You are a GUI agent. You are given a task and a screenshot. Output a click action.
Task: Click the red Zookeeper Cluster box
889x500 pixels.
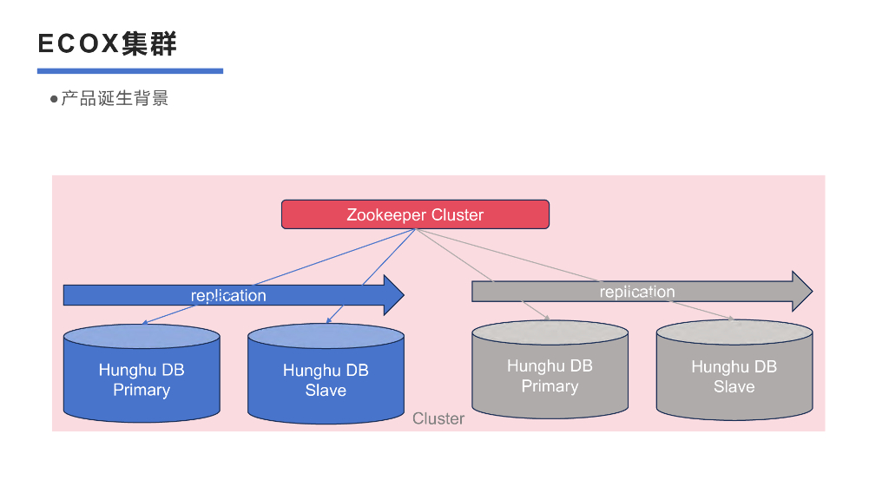(x=415, y=214)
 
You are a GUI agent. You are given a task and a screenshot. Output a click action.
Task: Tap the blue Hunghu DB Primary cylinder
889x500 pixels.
(x=142, y=373)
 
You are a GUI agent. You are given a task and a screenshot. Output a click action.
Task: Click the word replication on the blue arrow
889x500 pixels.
(x=228, y=296)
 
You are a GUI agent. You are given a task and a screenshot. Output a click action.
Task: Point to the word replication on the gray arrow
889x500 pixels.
(x=637, y=292)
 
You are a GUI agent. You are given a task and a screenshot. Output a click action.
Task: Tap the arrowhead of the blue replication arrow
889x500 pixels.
(x=393, y=295)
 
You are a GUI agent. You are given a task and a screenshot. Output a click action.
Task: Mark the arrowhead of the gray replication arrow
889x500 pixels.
(x=801, y=291)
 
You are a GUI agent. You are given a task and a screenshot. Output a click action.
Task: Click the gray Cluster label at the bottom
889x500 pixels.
(x=438, y=419)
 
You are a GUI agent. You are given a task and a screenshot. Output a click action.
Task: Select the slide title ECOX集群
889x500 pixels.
(x=108, y=43)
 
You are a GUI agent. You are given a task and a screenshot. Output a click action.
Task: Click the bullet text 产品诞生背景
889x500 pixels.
(x=115, y=98)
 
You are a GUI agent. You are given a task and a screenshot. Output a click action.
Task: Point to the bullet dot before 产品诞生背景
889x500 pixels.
(x=54, y=99)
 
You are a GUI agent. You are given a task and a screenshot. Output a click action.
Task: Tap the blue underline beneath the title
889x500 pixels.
(x=130, y=71)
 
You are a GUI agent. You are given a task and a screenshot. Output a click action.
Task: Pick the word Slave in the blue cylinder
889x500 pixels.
(x=326, y=391)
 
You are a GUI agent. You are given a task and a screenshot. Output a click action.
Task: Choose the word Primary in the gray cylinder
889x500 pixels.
(x=550, y=386)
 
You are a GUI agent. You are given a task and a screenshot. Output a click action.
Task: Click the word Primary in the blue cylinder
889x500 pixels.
(x=142, y=390)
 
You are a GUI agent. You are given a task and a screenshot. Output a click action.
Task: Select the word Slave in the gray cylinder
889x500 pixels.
(x=734, y=387)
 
